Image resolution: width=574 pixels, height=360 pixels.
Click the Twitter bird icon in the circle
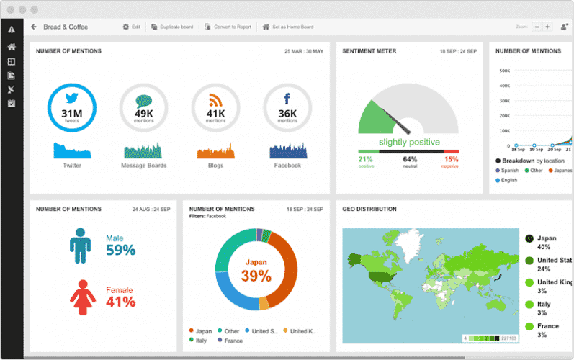71,100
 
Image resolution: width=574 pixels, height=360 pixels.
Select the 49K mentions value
143,114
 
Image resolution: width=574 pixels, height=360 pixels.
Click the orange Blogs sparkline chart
215,151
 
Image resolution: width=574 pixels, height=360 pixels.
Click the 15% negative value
451,159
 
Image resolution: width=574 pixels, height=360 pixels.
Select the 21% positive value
366,159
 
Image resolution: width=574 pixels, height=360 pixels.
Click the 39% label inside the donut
257,276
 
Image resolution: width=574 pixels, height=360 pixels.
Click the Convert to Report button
228,27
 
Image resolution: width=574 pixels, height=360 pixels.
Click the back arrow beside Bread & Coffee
34,27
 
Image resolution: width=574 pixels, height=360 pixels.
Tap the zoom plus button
547,27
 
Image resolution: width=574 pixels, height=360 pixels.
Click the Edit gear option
131,27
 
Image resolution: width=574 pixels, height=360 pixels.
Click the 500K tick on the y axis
505,71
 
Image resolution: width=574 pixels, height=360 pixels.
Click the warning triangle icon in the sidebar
11,30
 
